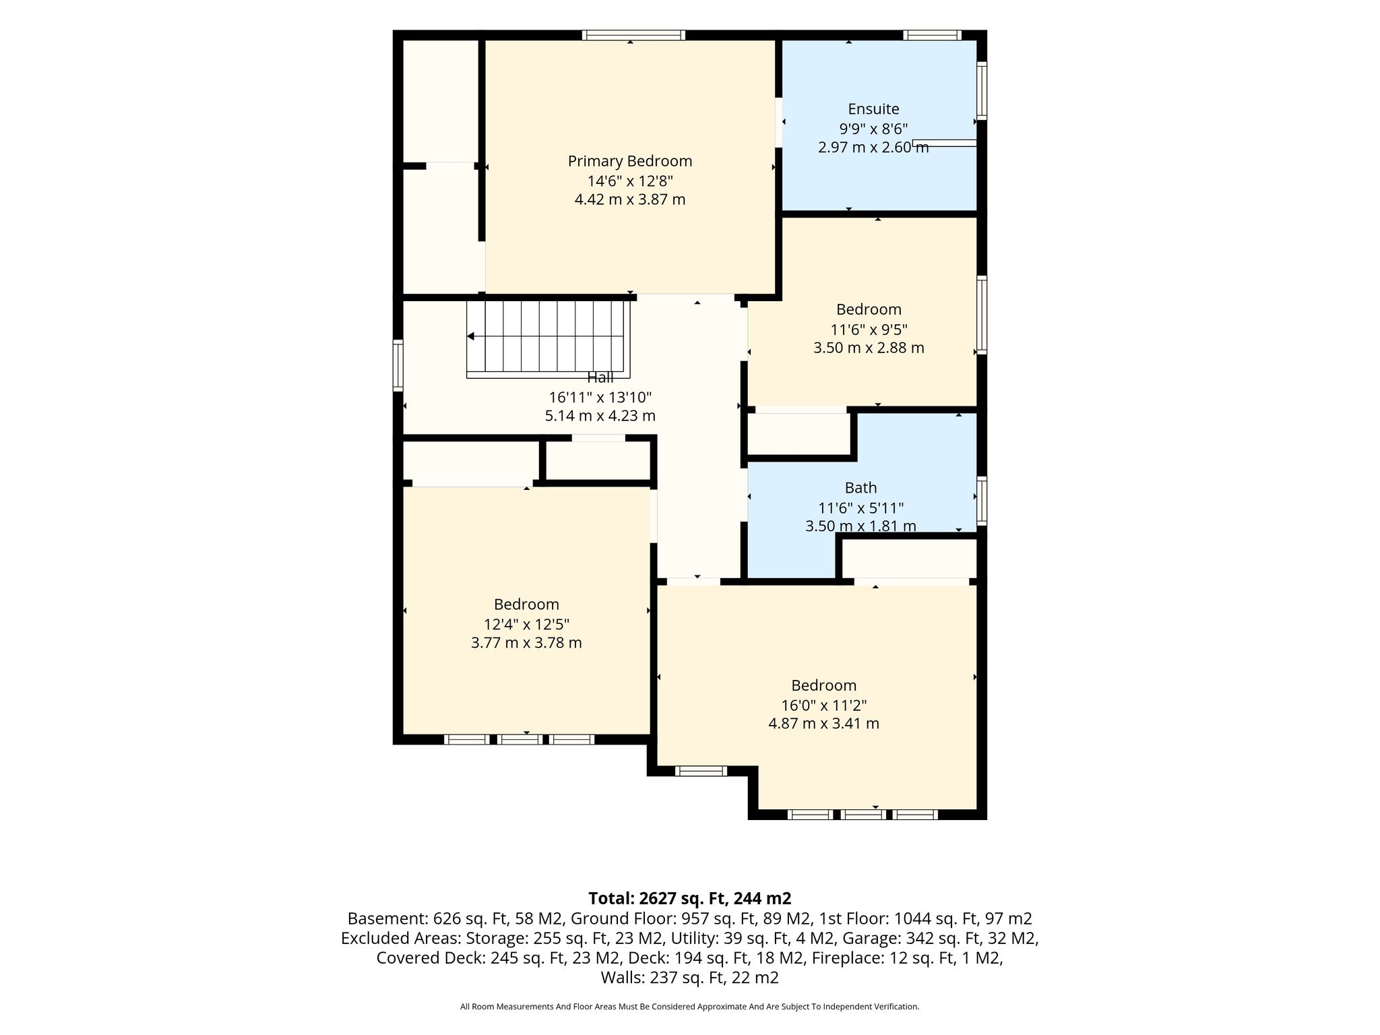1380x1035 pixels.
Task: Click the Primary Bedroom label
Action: point(630,162)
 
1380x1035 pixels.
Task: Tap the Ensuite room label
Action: point(873,109)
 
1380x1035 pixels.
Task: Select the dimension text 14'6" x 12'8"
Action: point(630,181)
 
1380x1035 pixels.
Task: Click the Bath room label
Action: point(861,487)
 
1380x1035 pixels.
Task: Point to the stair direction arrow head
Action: point(470,336)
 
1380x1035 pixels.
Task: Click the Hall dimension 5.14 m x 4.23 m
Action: point(600,416)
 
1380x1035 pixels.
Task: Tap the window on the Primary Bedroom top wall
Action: point(633,35)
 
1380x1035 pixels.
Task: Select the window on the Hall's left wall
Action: point(398,365)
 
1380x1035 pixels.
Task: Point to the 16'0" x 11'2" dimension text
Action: point(823,705)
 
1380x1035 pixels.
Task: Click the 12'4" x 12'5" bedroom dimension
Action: point(526,624)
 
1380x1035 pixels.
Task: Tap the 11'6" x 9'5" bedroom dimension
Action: point(869,330)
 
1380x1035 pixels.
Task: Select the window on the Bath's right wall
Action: point(982,501)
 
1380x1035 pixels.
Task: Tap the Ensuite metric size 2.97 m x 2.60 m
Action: point(873,147)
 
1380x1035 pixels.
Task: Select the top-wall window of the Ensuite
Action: point(932,35)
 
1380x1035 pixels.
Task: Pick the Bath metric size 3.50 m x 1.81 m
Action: point(860,526)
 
